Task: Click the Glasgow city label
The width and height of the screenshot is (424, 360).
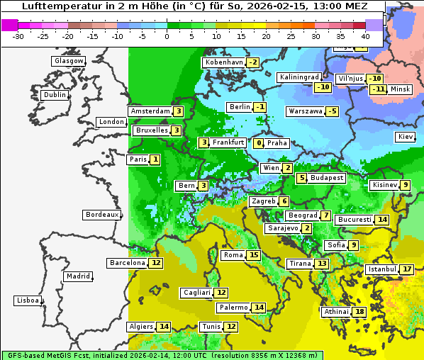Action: tap(68, 61)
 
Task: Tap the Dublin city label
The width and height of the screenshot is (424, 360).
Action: tap(55, 95)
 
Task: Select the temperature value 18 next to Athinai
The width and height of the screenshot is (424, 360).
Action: tap(360, 312)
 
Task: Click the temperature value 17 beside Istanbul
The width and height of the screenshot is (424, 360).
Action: tap(407, 269)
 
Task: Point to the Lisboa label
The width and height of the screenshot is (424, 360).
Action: tap(27, 300)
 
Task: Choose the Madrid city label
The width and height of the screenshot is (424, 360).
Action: tap(78, 276)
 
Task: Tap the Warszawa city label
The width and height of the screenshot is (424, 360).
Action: tap(306, 111)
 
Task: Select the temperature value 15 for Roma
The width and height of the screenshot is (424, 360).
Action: tap(254, 255)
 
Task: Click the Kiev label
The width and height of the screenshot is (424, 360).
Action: tap(406, 137)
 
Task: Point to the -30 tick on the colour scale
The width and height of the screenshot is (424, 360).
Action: tap(18, 36)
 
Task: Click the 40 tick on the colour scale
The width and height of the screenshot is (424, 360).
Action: tap(365, 36)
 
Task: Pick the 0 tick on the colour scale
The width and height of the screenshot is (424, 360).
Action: tap(167, 36)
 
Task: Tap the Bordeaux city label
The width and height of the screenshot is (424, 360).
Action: tap(102, 215)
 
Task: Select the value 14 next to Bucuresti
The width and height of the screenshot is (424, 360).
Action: tap(382, 220)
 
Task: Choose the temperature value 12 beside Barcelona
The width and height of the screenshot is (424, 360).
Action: tap(156, 263)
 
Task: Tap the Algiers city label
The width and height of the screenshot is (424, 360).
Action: tap(140, 327)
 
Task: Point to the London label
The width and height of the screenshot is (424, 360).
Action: tap(111, 122)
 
